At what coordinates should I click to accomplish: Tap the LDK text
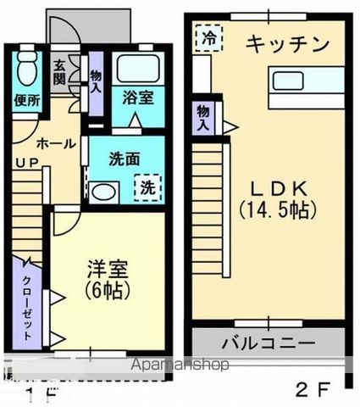pyautogui.click(x=270, y=187)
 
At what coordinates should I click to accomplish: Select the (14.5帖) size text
pyautogui.click(x=270, y=209)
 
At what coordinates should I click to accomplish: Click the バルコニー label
pyautogui.click(x=269, y=343)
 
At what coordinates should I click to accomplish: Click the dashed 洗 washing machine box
pyautogui.click(x=147, y=186)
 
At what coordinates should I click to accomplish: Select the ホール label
pyautogui.click(x=56, y=143)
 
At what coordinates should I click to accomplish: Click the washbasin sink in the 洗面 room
pyautogui.click(x=105, y=192)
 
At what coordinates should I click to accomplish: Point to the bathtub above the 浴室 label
pyautogui.click(x=138, y=69)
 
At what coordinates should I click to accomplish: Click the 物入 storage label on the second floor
pyautogui.click(x=203, y=118)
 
